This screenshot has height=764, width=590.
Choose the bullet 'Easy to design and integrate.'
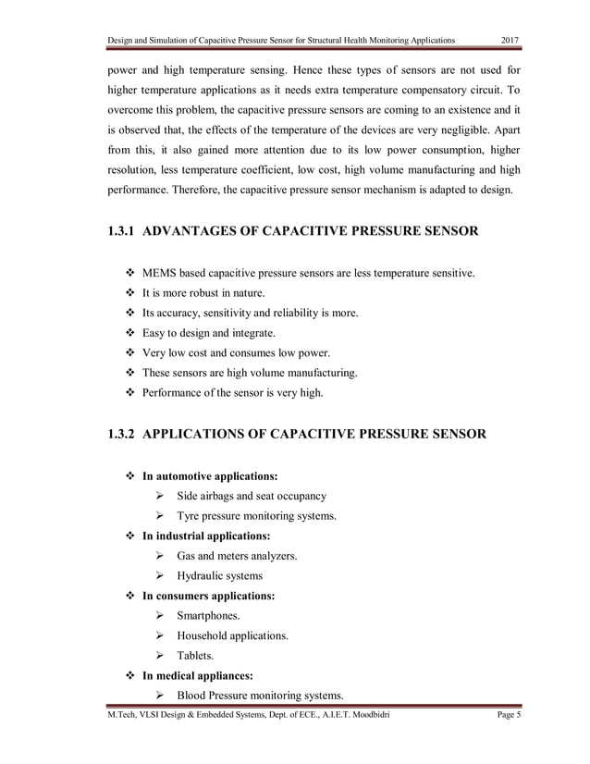tap(208, 333)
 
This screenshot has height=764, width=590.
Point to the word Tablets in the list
tap(195, 656)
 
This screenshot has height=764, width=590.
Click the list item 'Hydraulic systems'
tap(219, 575)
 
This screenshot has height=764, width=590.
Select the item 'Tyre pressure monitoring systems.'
tap(256, 515)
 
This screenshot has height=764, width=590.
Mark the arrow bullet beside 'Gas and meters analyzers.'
tap(160, 556)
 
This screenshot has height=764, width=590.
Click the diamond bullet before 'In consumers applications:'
tap(129, 596)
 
